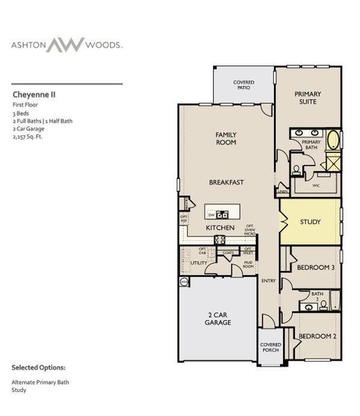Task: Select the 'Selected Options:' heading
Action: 39,367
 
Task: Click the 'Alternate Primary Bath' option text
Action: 40,382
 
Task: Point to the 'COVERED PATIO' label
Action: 243,85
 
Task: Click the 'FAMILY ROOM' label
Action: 225,138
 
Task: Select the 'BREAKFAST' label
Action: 226,182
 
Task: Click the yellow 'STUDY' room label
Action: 310,223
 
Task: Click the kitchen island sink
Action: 223,214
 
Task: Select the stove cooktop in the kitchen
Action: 219,239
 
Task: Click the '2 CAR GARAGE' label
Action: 217,318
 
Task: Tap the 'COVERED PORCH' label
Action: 270,348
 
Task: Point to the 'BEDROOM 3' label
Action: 316,268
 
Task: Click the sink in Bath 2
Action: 305,305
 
